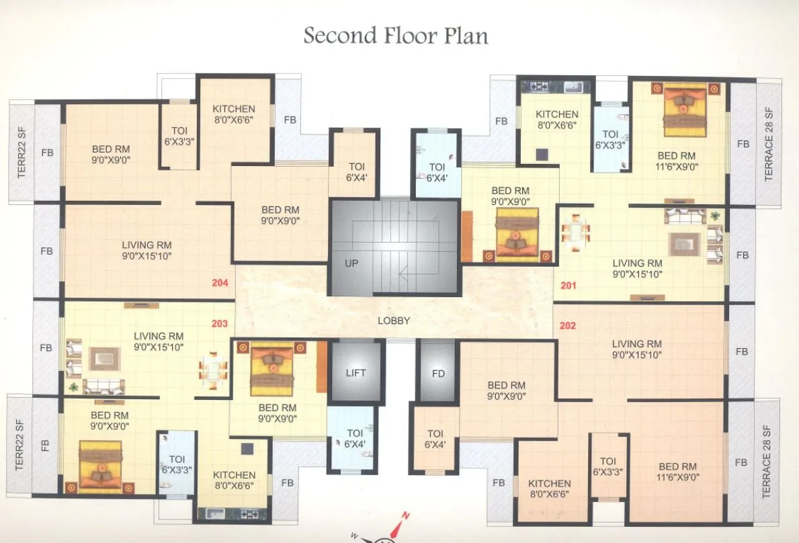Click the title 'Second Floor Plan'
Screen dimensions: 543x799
coord(396,35)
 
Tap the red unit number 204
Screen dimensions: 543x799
coord(220,283)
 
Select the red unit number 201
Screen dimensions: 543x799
coord(569,286)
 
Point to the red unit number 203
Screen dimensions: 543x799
coord(220,323)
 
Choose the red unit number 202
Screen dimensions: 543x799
coord(568,326)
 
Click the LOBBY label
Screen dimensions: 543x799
coord(394,321)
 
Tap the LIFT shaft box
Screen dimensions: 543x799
coord(355,372)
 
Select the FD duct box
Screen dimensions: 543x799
coord(438,374)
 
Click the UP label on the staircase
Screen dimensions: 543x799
coord(351,263)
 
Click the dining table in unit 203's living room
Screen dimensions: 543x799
coord(213,368)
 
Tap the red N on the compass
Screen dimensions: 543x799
coord(405,515)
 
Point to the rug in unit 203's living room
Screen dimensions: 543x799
coord(105,359)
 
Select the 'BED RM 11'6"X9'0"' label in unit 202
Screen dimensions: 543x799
coord(677,472)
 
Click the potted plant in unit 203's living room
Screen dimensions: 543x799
coord(73,386)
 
